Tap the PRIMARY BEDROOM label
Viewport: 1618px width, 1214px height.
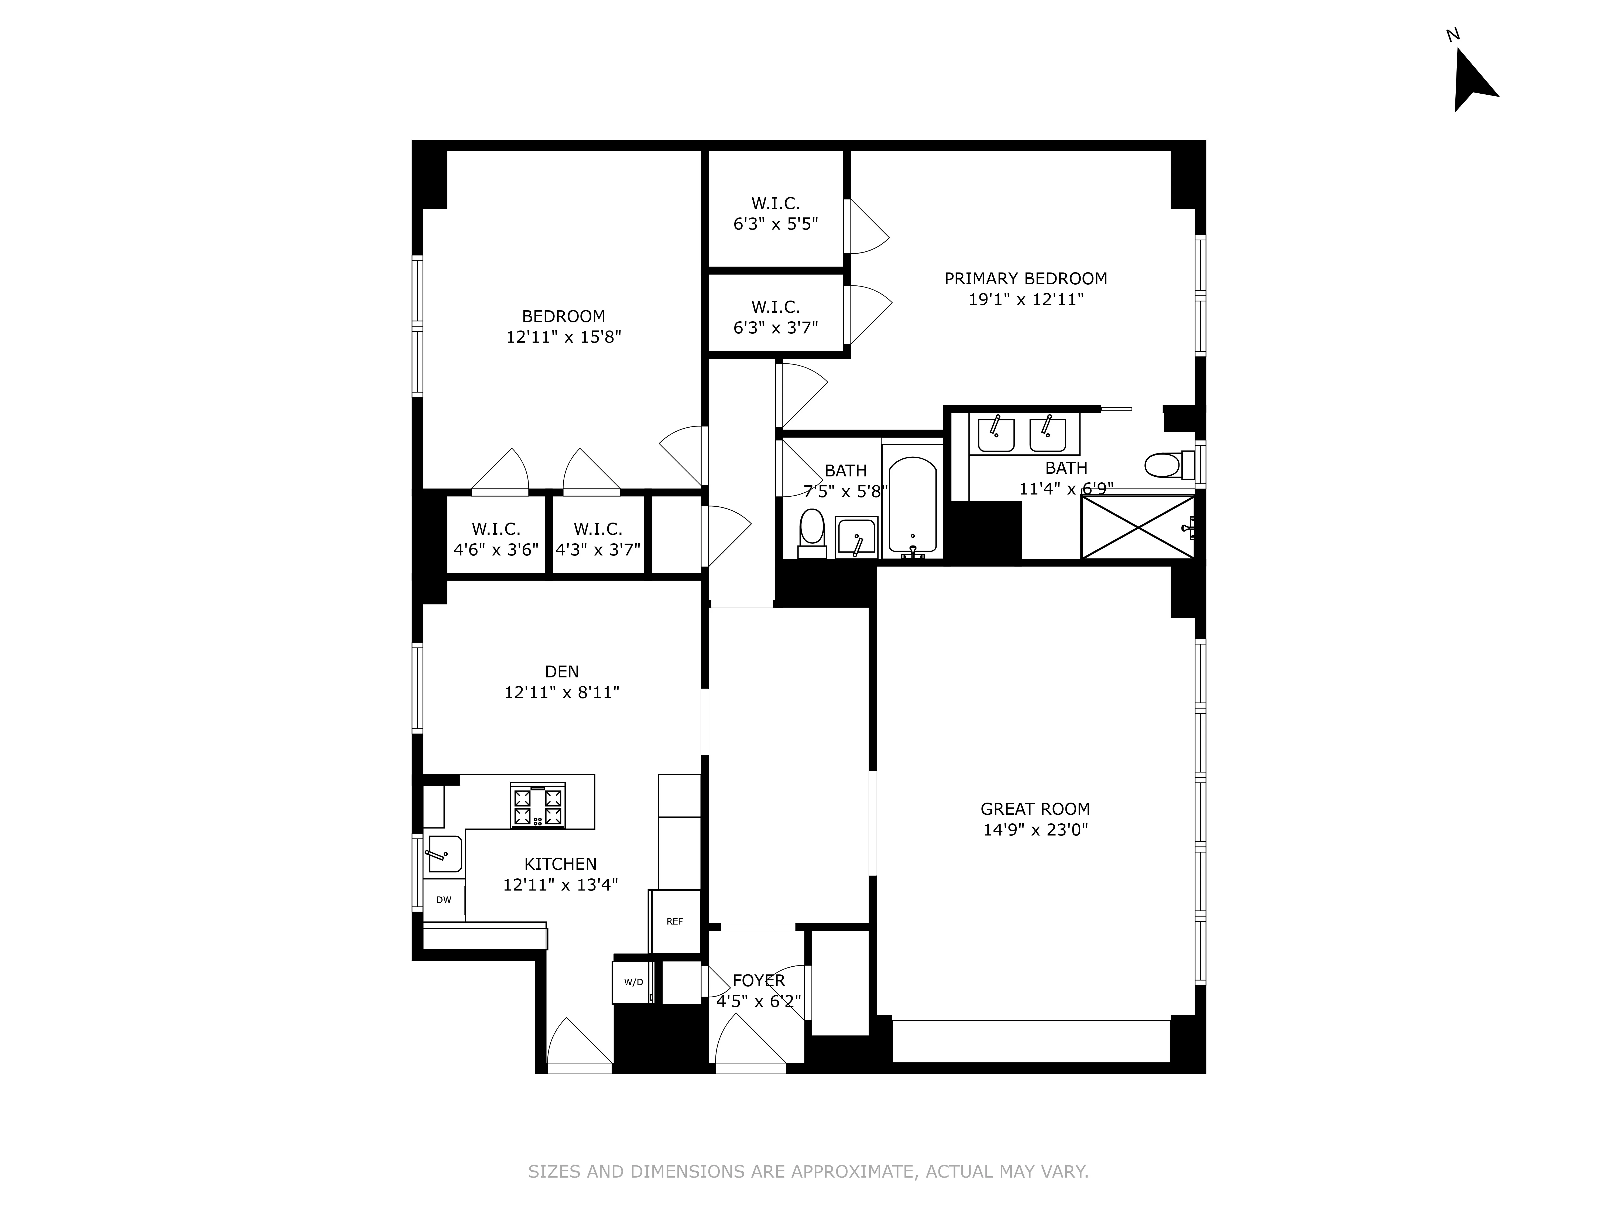point(1026,279)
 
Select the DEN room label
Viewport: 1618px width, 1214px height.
point(562,672)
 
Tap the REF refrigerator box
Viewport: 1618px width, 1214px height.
point(674,921)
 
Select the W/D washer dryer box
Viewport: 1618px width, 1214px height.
point(633,982)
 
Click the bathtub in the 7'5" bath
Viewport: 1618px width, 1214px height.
point(912,505)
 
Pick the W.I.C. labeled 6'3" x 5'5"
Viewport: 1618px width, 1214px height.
point(775,214)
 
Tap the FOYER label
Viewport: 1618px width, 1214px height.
point(759,981)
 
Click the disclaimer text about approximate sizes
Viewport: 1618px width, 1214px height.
point(808,1172)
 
